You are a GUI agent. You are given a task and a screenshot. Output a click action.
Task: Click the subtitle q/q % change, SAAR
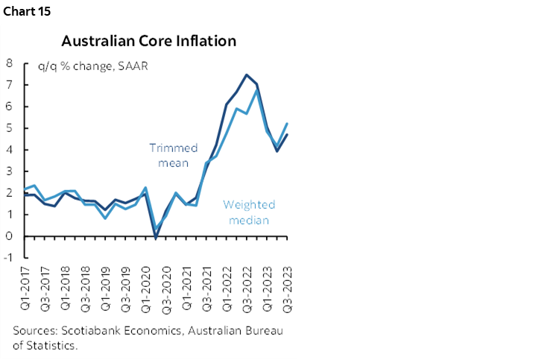click(x=92, y=66)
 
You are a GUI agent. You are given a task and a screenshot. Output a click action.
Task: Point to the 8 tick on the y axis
click(x=10, y=63)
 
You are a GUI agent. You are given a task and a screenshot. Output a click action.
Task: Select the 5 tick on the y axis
click(x=10, y=127)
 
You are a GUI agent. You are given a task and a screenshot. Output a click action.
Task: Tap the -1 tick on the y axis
click(x=8, y=258)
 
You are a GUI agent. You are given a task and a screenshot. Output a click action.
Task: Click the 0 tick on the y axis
click(x=10, y=236)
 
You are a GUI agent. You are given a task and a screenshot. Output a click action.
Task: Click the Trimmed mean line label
click(x=173, y=155)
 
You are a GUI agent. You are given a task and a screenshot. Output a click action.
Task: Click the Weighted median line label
click(x=250, y=212)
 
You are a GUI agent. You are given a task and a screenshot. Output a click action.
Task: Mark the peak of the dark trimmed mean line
click(x=246, y=75)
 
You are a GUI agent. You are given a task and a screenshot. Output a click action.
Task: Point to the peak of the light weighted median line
click(x=256, y=90)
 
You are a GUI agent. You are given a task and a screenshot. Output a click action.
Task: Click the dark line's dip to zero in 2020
click(x=156, y=237)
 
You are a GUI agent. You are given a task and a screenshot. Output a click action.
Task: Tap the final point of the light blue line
click(x=287, y=124)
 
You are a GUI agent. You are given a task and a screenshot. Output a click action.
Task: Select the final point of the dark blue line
click(x=287, y=134)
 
